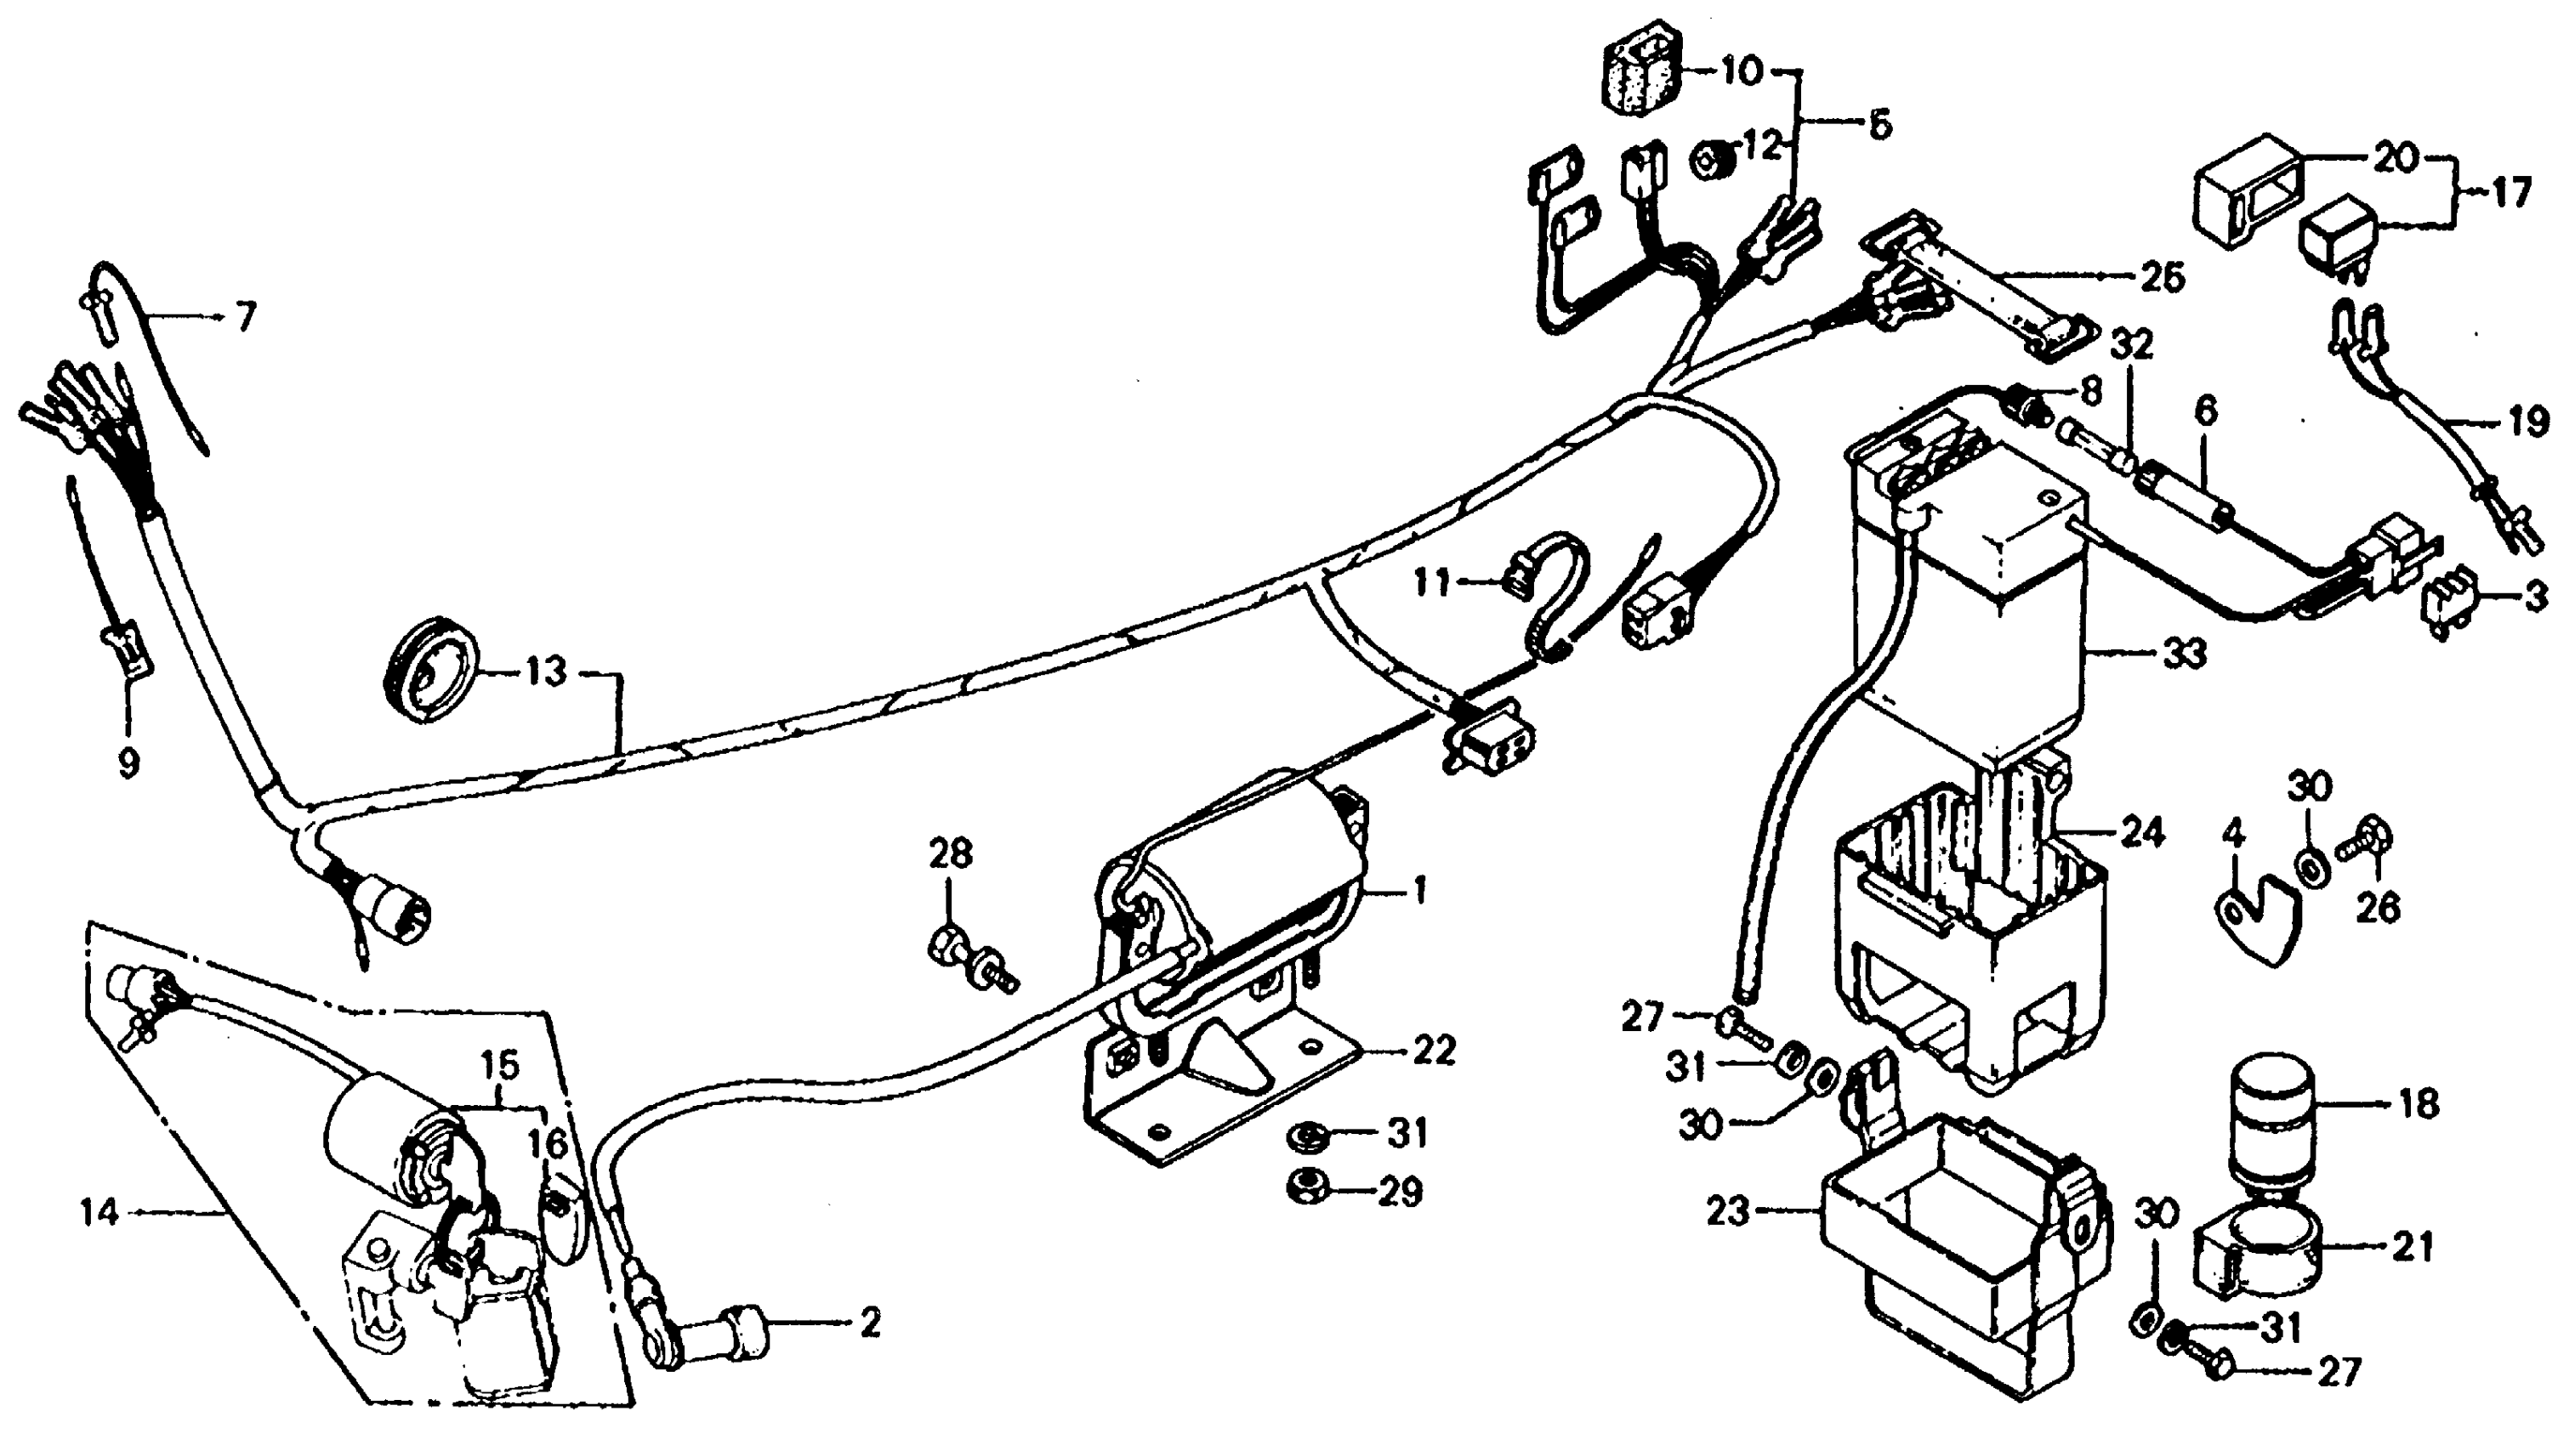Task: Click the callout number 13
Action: pyautogui.click(x=547, y=671)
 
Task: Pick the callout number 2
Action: pyautogui.click(x=870, y=1324)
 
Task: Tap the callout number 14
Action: pyautogui.click(x=101, y=1213)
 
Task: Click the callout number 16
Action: pyautogui.click(x=548, y=1142)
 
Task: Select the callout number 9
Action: pyautogui.click(x=128, y=763)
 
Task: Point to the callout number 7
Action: pyautogui.click(x=245, y=318)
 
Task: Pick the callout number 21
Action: pyautogui.click(x=2412, y=1246)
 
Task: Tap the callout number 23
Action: pyautogui.click(x=1731, y=1213)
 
